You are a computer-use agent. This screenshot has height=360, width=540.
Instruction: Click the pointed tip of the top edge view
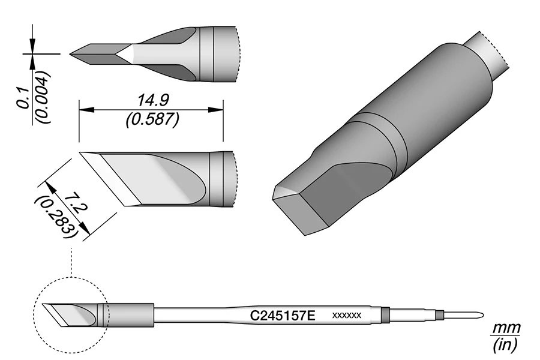point(71,54)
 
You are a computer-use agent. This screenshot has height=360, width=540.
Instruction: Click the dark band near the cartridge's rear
point(385,314)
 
